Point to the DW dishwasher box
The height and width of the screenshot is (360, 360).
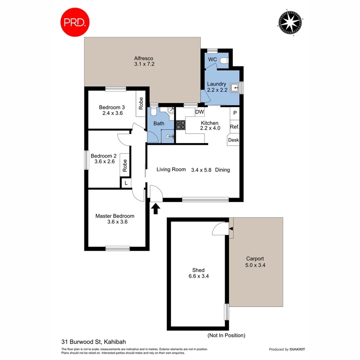click(x=200, y=112)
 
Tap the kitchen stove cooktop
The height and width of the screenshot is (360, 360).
click(x=180, y=125)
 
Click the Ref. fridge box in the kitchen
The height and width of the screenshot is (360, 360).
click(x=234, y=127)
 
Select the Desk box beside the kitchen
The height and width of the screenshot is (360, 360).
click(x=233, y=140)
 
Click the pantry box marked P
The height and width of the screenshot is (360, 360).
click(x=235, y=113)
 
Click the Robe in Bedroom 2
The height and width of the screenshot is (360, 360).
click(x=125, y=165)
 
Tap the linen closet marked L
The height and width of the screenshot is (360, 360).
click(x=126, y=183)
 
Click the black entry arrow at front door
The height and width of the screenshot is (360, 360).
click(x=156, y=208)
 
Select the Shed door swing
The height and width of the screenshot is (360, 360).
click(x=220, y=229)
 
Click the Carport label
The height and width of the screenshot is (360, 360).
click(x=255, y=258)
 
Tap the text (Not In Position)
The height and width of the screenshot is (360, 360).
click(x=226, y=335)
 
